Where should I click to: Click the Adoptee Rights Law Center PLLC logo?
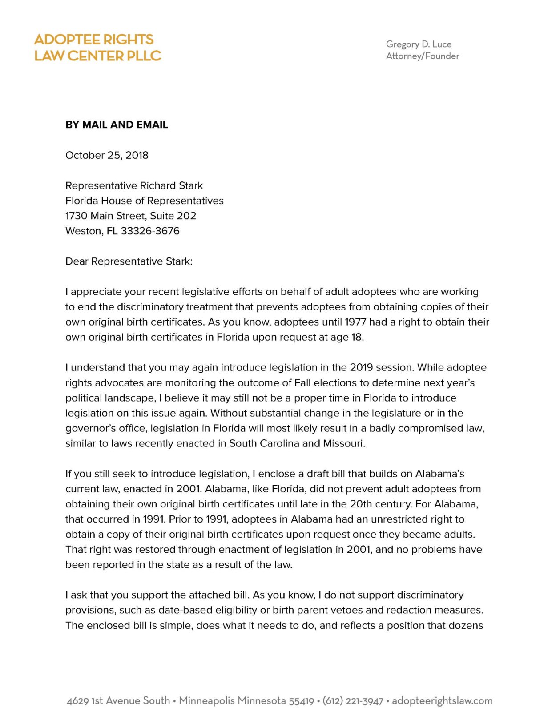(x=97, y=48)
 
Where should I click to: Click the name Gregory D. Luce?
(x=419, y=44)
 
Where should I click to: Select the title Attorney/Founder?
(x=422, y=56)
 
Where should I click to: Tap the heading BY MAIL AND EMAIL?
(x=117, y=125)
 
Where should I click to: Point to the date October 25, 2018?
(x=107, y=155)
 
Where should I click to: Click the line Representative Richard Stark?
(x=134, y=185)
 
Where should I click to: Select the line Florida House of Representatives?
(x=144, y=201)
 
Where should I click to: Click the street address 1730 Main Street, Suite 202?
(x=130, y=216)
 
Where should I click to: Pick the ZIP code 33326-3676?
(x=150, y=231)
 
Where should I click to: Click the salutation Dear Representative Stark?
(x=129, y=261)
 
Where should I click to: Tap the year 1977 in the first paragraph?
(x=355, y=322)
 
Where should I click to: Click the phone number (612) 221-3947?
(x=353, y=701)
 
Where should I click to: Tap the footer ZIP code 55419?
(x=301, y=701)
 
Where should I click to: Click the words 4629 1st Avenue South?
(x=118, y=701)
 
